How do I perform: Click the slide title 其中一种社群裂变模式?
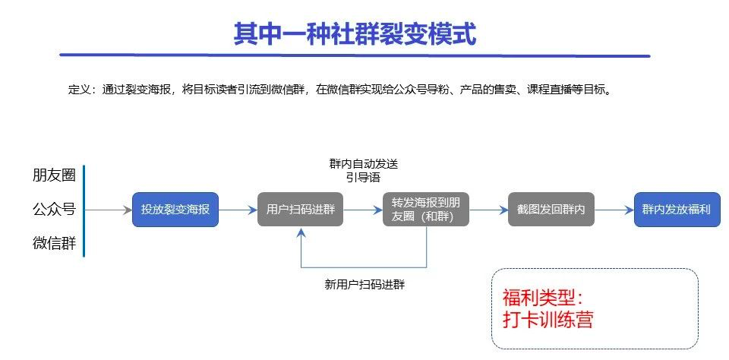click(355, 33)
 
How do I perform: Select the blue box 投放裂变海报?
click(175, 209)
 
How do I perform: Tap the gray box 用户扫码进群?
click(301, 209)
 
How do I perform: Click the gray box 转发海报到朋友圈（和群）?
click(426, 209)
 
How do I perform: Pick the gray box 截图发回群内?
click(551, 209)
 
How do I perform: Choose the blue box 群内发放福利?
click(677, 209)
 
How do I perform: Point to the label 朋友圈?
click(54, 175)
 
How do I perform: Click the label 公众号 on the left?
click(54, 209)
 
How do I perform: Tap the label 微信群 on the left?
click(54, 243)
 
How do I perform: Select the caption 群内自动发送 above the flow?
click(363, 164)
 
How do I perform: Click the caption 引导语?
click(363, 177)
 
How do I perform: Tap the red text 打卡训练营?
click(548, 319)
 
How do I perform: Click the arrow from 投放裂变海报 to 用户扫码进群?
click(238, 209)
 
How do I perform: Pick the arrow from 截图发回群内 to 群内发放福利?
click(614, 209)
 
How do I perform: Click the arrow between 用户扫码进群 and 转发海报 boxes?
click(363, 209)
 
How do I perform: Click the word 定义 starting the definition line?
click(77, 90)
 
